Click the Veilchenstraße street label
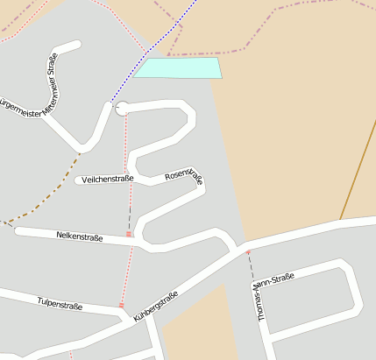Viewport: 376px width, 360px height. click(107, 179)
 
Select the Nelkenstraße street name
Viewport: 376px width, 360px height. click(79, 236)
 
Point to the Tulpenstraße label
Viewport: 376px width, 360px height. click(60, 306)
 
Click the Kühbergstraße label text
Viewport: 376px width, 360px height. click(156, 306)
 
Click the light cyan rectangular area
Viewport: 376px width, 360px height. click(179, 68)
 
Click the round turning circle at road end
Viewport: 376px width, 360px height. click(122, 108)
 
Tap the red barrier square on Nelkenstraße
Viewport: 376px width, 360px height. click(129, 234)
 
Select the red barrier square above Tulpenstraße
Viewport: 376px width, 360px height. click(122, 305)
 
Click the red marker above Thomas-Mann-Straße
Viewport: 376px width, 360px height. click(248, 253)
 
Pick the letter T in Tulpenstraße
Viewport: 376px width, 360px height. click(39, 303)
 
